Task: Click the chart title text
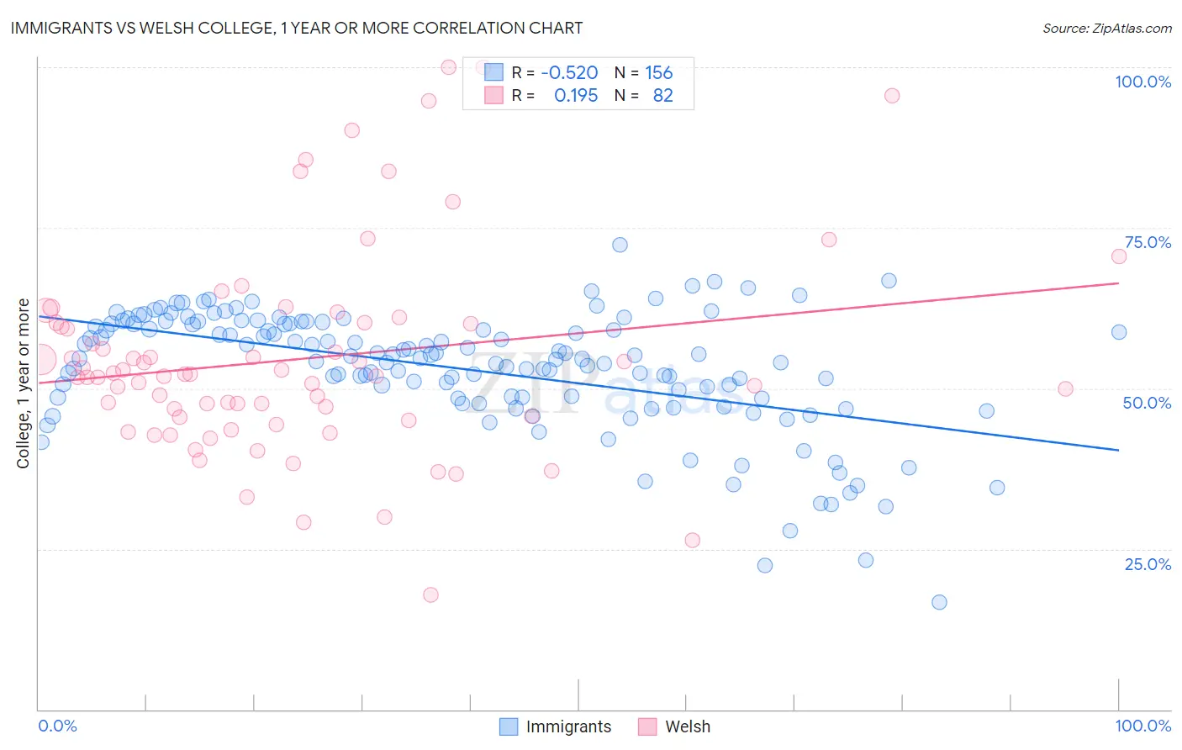[295, 28]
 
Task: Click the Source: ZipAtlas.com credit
[1106, 28]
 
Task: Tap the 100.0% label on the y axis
[1142, 82]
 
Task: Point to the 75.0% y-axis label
[1148, 242]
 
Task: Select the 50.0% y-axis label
[1147, 403]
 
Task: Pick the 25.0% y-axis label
[1148, 564]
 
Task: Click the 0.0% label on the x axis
[57, 726]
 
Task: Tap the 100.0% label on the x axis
[1142, 726]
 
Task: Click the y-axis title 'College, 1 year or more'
[23, 383]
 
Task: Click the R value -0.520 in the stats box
[569, 73]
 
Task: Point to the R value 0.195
[576, 96]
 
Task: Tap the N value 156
[658, 73]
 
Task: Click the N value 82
[662, 96]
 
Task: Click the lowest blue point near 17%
[939, 602]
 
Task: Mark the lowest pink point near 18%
[430, 594]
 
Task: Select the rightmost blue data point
[1118, 332]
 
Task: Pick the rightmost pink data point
[1118, 256]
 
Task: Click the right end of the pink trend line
[1118, 283]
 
